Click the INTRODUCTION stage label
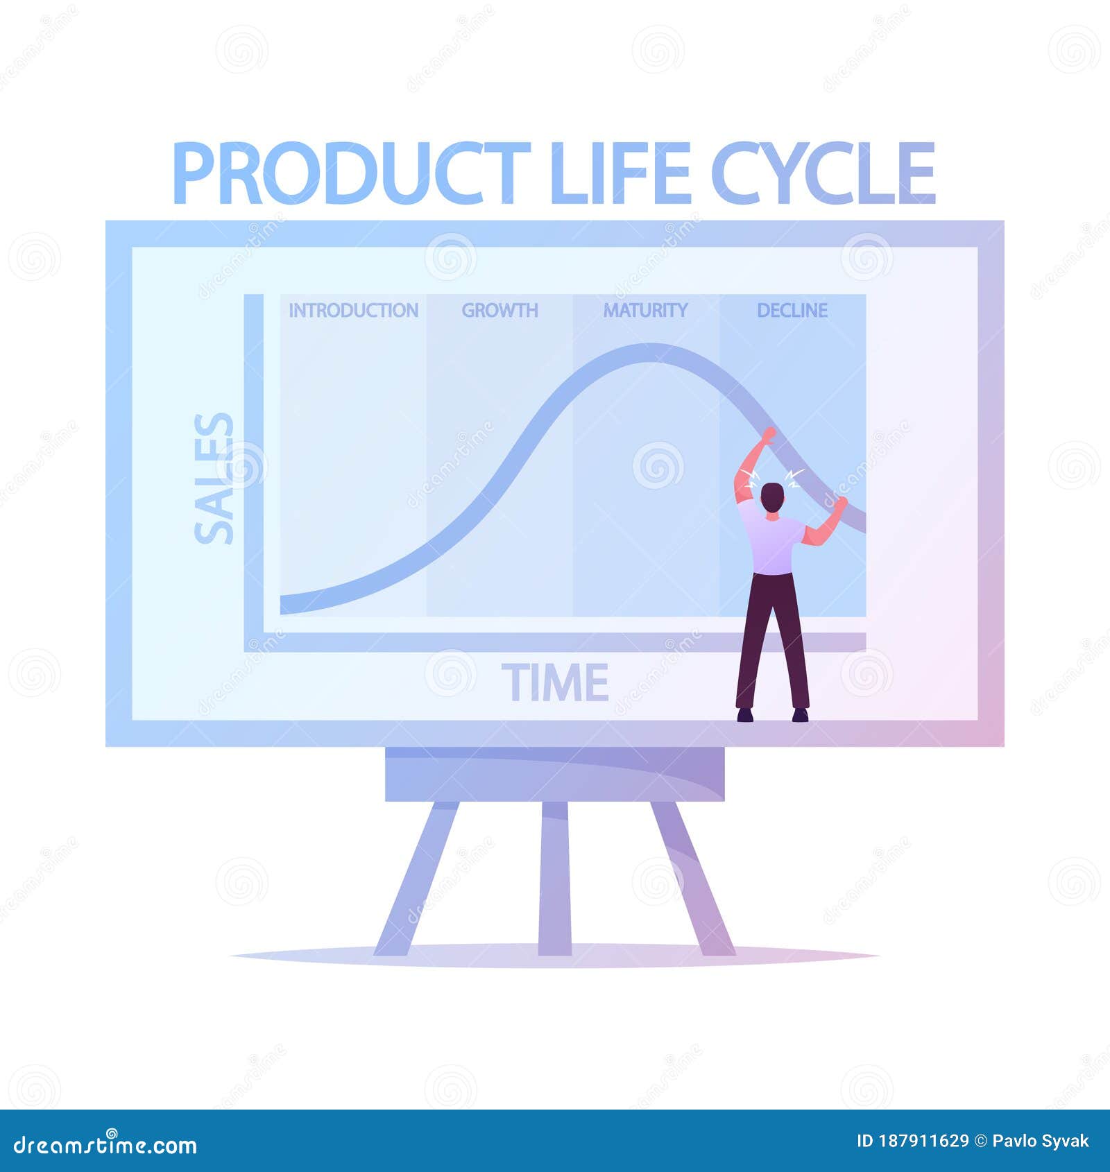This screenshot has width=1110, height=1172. [353, 310]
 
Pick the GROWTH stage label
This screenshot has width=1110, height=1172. [499, 310]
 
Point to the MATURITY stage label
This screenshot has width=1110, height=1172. [645, 310]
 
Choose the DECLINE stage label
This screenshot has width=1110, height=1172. [792, 310]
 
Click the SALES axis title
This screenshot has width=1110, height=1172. [214, 479]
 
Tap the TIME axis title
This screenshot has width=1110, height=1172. [555, 682]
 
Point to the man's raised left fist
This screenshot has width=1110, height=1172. [769, 436]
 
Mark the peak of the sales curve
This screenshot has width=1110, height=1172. [649, 353]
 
